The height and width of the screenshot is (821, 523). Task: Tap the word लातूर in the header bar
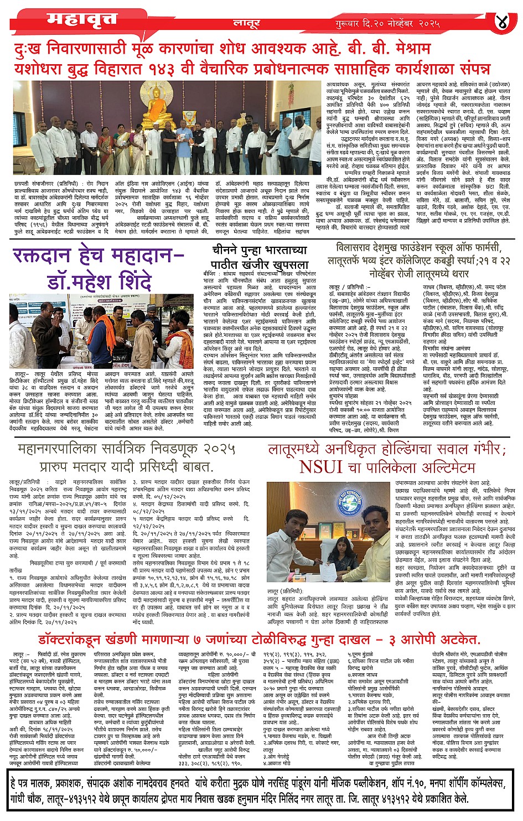tap(246, 23)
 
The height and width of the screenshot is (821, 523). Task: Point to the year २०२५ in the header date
tap(428, 24)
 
